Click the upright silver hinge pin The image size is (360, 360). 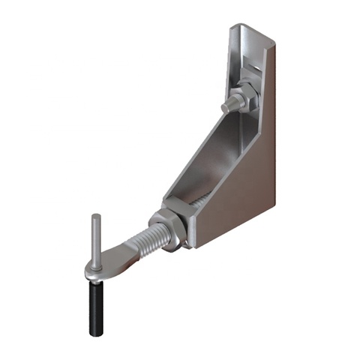[x=94, y=236]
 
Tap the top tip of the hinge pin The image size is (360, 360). [x=93, y=216]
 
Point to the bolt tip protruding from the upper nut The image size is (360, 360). [x=227, y=105]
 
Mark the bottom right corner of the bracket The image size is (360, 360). [x=274, y=202]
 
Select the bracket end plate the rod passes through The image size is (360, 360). [x=187, y=225]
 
